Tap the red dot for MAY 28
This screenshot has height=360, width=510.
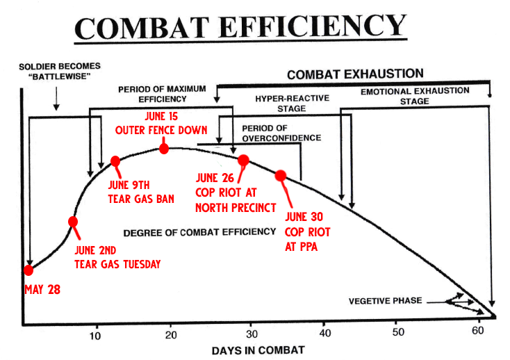(28, 270)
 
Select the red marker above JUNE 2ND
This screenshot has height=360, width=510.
(73, 222)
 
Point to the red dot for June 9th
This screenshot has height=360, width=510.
(116, 162)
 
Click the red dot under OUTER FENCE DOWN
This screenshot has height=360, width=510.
(164, 147)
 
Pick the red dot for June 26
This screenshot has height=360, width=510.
(243, 161)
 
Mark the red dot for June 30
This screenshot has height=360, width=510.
(281, 176)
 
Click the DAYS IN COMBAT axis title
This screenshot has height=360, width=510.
(258, 349)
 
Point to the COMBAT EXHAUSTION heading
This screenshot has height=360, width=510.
(355, 74)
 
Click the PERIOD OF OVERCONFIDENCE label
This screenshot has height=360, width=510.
(281, 133)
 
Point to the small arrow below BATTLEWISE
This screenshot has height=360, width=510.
(56, 101)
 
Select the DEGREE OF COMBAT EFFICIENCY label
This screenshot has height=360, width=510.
(199, 231)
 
